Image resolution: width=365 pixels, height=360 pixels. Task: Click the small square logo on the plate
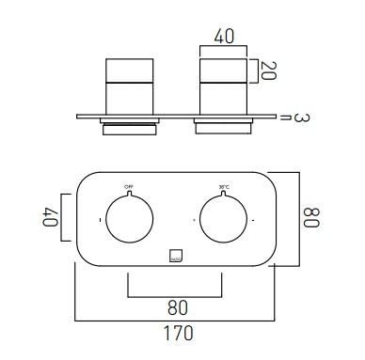click(176, 253)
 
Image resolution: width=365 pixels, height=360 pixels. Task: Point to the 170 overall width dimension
click(178, 333)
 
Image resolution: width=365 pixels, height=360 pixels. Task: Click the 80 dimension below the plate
click(177, 305)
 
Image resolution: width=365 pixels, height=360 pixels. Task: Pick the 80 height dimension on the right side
click(311, 218)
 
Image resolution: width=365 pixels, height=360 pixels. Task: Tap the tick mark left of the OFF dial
click(99, 220)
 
